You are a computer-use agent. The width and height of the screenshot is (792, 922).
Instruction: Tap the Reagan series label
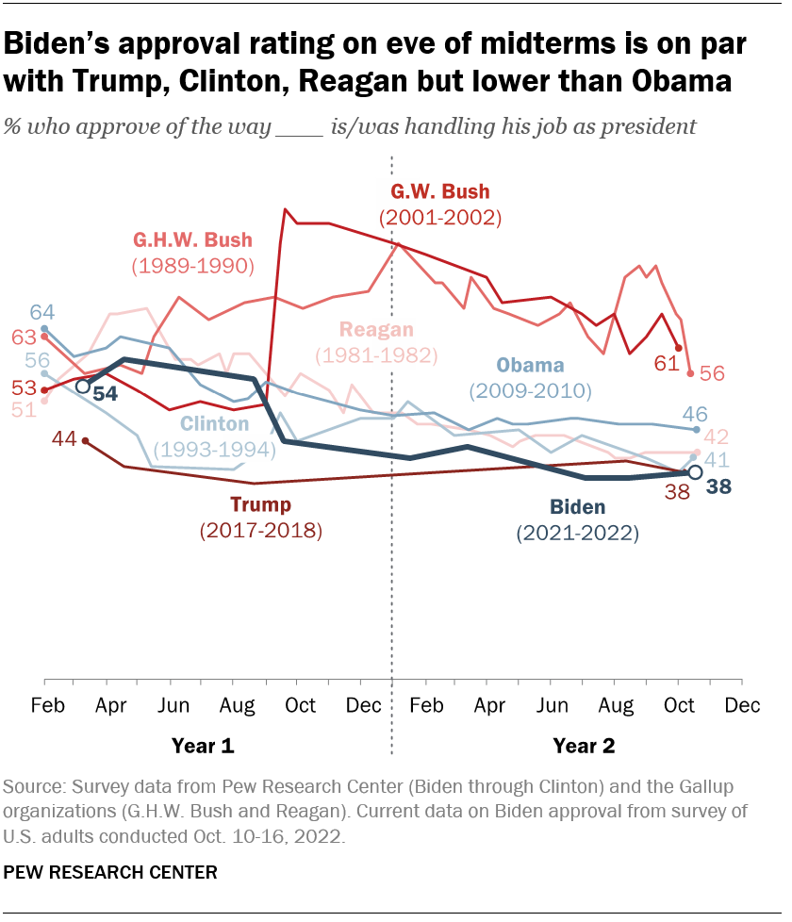tap(376, 330)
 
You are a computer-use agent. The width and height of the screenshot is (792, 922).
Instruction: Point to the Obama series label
tap(530, 366)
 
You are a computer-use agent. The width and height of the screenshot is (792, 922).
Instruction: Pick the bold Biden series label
tap(577, 508)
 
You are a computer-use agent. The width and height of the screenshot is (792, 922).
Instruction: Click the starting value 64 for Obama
tap(41, 312)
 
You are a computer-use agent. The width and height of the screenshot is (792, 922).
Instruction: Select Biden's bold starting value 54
tap(106, 393)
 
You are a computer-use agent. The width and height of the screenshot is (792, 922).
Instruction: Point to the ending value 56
tap(712, 373)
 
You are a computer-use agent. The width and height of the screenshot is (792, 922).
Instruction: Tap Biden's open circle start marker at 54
tap(83, 387)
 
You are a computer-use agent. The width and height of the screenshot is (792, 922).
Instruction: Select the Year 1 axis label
tap(202, 746)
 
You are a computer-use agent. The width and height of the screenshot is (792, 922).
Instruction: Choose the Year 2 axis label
tap(584, 746)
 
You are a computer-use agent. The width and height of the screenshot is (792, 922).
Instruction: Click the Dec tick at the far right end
tap(741, 705)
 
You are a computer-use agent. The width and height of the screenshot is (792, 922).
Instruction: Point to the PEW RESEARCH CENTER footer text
tap(110, 872)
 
